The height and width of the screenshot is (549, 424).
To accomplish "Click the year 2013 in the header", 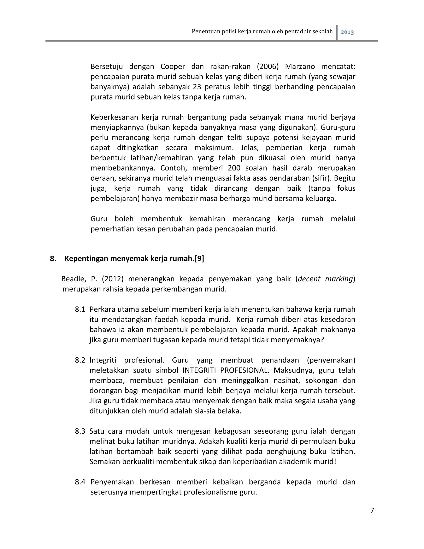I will click(347, 32).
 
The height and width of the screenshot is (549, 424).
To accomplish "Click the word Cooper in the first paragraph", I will click(173, 67).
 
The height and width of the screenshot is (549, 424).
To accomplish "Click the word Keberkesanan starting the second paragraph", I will click(113, 117).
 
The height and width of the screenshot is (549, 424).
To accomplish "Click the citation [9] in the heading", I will click(199, 259).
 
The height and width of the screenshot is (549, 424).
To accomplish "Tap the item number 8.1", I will click(80, 310).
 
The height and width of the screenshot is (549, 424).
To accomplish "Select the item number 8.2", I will click(80, 360).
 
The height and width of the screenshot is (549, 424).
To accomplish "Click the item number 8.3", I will click(80, 431).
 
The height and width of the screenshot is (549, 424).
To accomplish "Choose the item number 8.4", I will click(80, 482).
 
